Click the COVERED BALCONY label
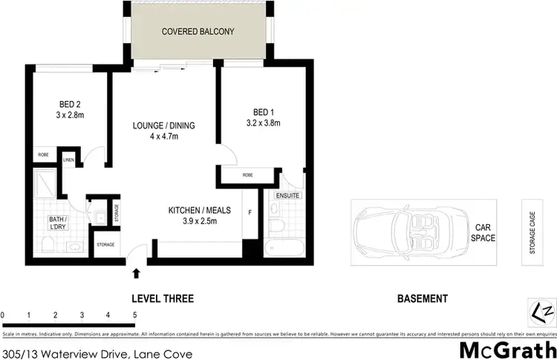198,32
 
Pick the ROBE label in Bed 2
43,155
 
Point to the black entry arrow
136,274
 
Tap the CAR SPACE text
483,233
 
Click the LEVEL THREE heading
162,299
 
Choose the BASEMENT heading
422,299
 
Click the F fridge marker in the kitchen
250,212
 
